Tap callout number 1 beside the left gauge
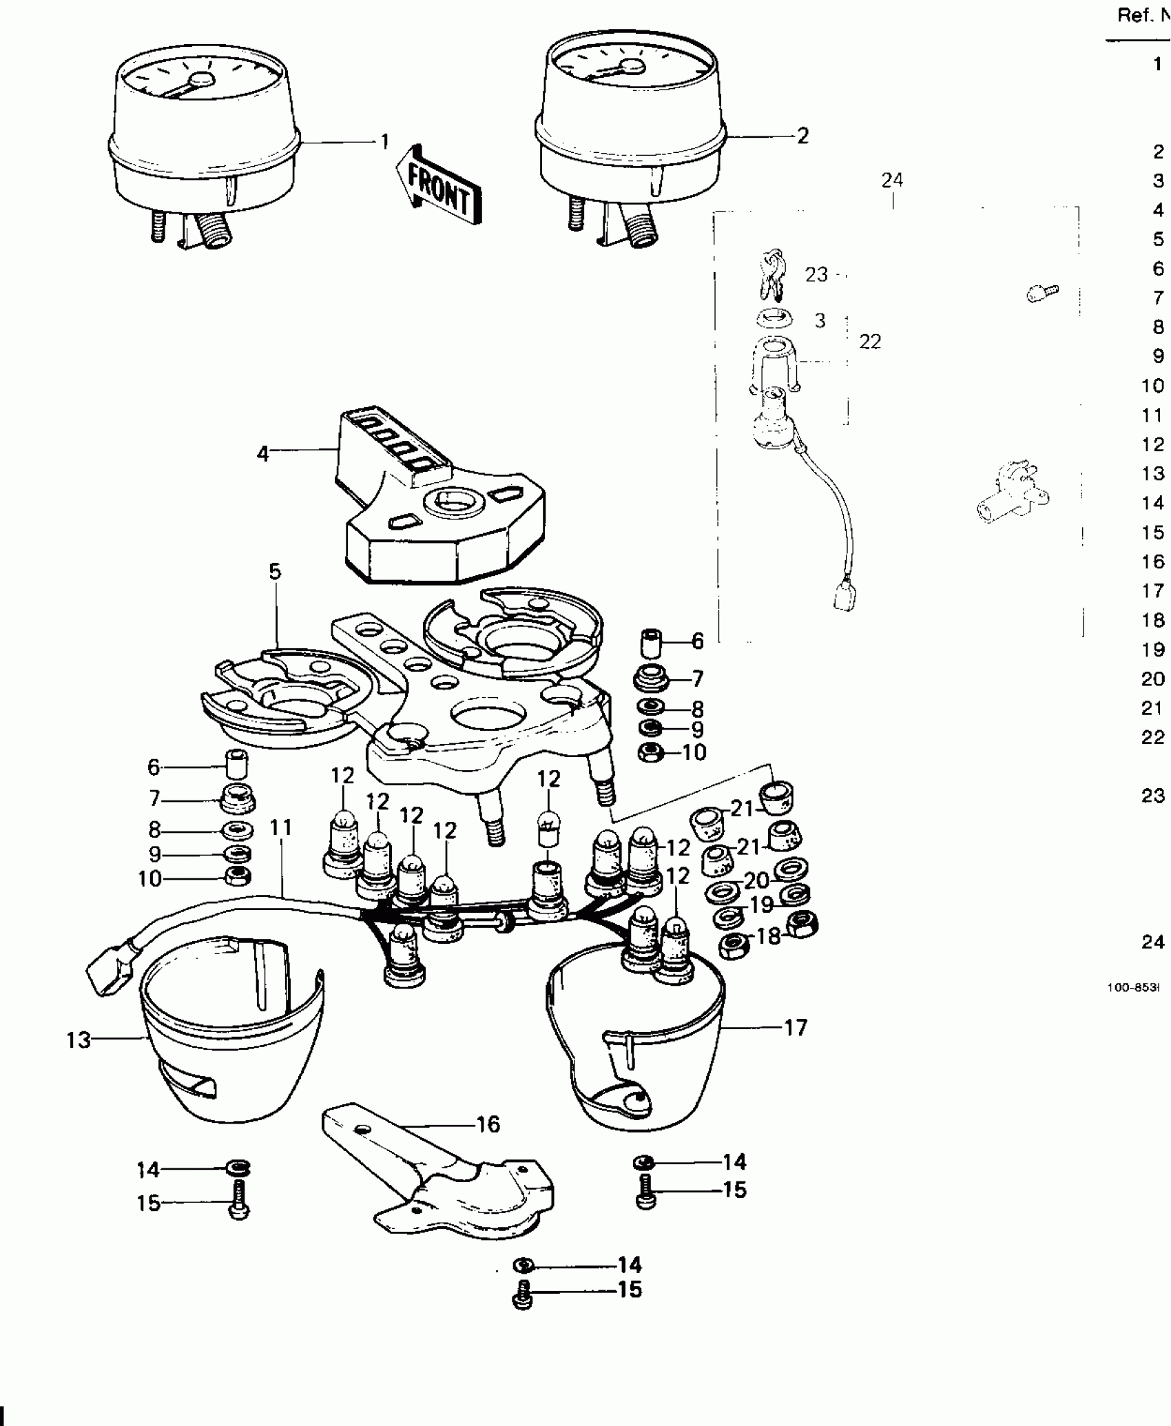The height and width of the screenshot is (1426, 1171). coord(384,142)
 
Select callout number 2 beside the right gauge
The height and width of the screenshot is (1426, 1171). coord(802,136)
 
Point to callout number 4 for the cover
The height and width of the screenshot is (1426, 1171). coord(262,454)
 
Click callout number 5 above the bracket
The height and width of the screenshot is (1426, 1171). coord(275,571)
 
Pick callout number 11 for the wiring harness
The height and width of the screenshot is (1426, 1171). coord(281,827)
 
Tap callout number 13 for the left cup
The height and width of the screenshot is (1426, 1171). coord(79,1060)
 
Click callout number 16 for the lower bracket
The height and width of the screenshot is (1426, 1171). coord(488,1124)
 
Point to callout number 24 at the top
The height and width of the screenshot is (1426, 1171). coord(892,180)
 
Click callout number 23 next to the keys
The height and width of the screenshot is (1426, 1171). coord(816,275)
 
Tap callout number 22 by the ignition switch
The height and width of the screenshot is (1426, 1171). coord(870,342)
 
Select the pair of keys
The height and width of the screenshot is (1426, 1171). coord(772,273)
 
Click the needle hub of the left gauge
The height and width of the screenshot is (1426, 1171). coord(202,80)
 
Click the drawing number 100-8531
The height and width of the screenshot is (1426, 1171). coord(1133,1007)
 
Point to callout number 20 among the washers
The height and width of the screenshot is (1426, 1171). coord(756,880)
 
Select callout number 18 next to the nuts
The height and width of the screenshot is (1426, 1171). coord(769,936)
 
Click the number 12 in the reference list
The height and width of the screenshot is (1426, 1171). coord(1152,444)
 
